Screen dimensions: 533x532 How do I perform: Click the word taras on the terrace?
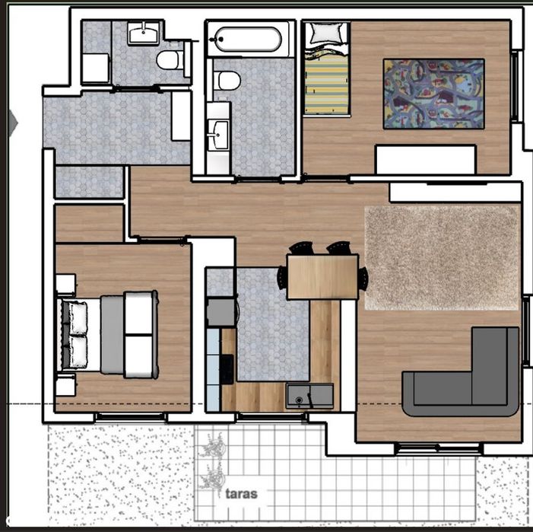point(241,494)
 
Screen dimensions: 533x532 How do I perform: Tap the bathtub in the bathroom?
point(248,40)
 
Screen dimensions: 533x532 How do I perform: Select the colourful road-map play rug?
point(433,94)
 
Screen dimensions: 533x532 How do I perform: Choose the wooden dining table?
point(322,277)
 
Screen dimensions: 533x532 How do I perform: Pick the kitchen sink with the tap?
point(309,396)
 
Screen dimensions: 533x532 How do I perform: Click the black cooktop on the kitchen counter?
point(227,369)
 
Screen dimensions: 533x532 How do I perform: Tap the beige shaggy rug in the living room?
point(443,258)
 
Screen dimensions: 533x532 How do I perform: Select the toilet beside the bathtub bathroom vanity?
point(227,81)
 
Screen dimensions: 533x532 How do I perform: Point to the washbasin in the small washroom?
point(144,33)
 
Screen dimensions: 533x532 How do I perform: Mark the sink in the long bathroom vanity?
point(218,135)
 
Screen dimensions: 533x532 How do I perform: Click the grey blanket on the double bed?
point(113,334)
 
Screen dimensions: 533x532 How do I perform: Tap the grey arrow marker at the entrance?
point(13,123)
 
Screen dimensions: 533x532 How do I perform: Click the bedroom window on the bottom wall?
point(131,417)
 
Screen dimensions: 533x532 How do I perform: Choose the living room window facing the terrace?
point(439,448)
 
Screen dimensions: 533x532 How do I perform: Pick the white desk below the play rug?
point(425,160)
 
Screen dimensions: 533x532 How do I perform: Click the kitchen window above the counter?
point(272,417)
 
